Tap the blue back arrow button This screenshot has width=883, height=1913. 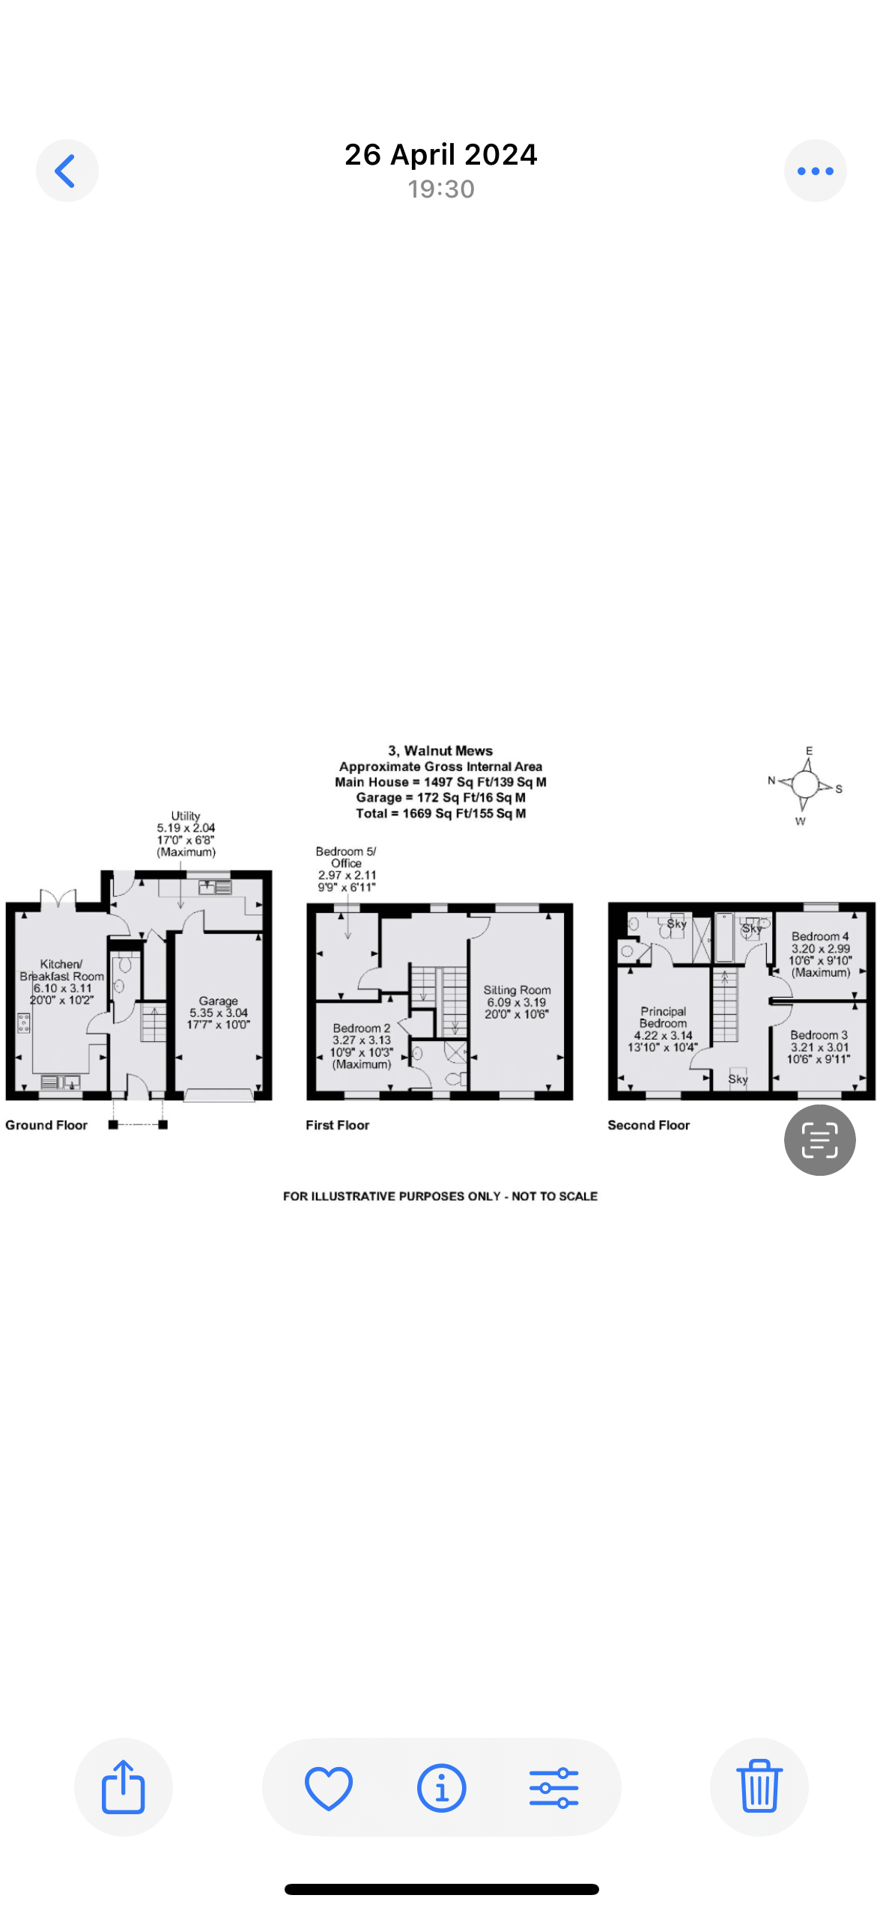pos(67,171)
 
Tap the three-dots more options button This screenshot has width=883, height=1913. pos(815,171)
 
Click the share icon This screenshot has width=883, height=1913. pos(124,1787)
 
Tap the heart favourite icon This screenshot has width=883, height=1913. pos(329,1787)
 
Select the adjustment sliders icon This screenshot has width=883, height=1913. pos(553,1787)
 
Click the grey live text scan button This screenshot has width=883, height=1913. pos(819,1139)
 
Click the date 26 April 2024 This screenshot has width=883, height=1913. pos(441,154)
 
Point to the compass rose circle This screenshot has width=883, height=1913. pos(805,784)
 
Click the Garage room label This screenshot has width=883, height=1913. pos(219,1001)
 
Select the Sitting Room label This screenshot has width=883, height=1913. pos(517,989)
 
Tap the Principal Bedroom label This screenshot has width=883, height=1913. pos(663,1017)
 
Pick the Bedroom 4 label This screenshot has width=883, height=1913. pos(820,936)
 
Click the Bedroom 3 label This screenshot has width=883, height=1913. pos(819,1035)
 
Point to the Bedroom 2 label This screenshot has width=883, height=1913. pos(362,1028)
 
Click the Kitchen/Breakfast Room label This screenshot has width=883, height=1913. pos(62,970)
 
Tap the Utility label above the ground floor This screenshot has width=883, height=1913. pos(186,816)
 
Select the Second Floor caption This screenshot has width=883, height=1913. pos(649,1125)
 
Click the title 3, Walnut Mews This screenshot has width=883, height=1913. pos(440,751)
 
